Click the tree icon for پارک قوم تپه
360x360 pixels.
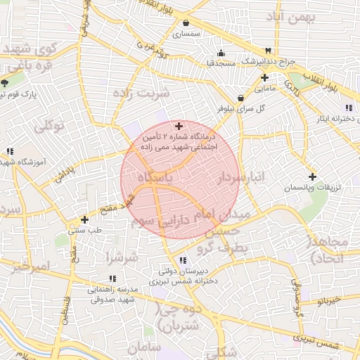[x=6, y=83]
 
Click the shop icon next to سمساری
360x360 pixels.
[x=184, y=23]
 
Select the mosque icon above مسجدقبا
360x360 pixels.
[x=221, y=53]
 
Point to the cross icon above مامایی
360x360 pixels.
[x=264, y=77]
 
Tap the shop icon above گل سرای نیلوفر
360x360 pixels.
[x=241, y=97]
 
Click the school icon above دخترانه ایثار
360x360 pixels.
[x=349, y=107]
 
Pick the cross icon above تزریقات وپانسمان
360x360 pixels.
[x=312, y=176]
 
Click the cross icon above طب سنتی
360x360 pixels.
[x=84, y=219]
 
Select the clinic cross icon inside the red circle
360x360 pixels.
[x=179, y=125]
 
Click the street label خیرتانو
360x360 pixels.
[x=329, y=300]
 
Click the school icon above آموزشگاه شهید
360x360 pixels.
[x=10, y=151]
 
